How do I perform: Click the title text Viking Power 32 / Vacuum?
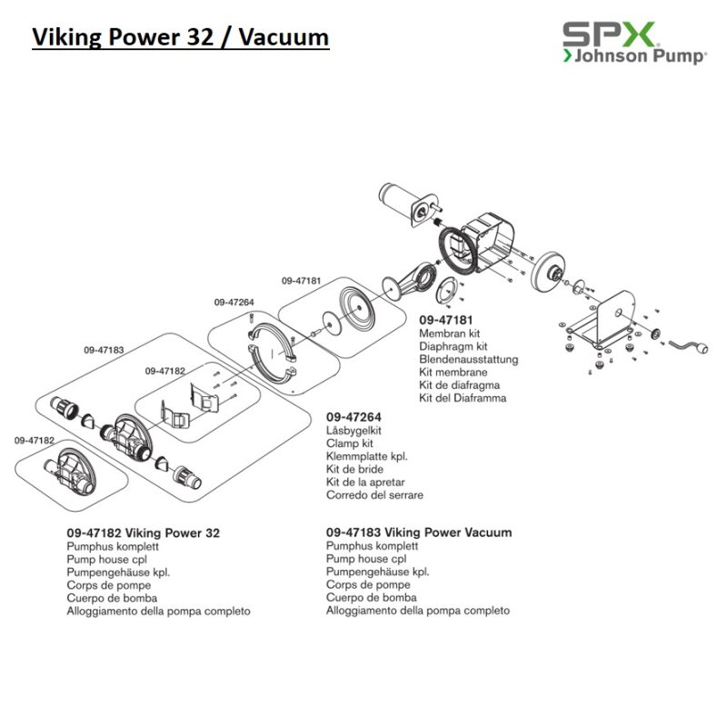tap(180, 38)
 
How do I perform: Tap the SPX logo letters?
tap(607, 35)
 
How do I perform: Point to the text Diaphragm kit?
tap(453, 346)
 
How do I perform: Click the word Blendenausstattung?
tap(468, 359)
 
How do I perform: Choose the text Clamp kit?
tap(349, 443)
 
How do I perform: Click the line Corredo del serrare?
tap(374, 495)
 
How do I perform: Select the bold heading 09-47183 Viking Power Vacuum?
tap(418, 533)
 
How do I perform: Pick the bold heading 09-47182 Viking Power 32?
tap(143, 533)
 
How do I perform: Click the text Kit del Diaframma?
tap(463, 398)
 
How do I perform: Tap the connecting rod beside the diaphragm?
tap(410, 278)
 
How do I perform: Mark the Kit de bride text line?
tap(354, 469)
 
